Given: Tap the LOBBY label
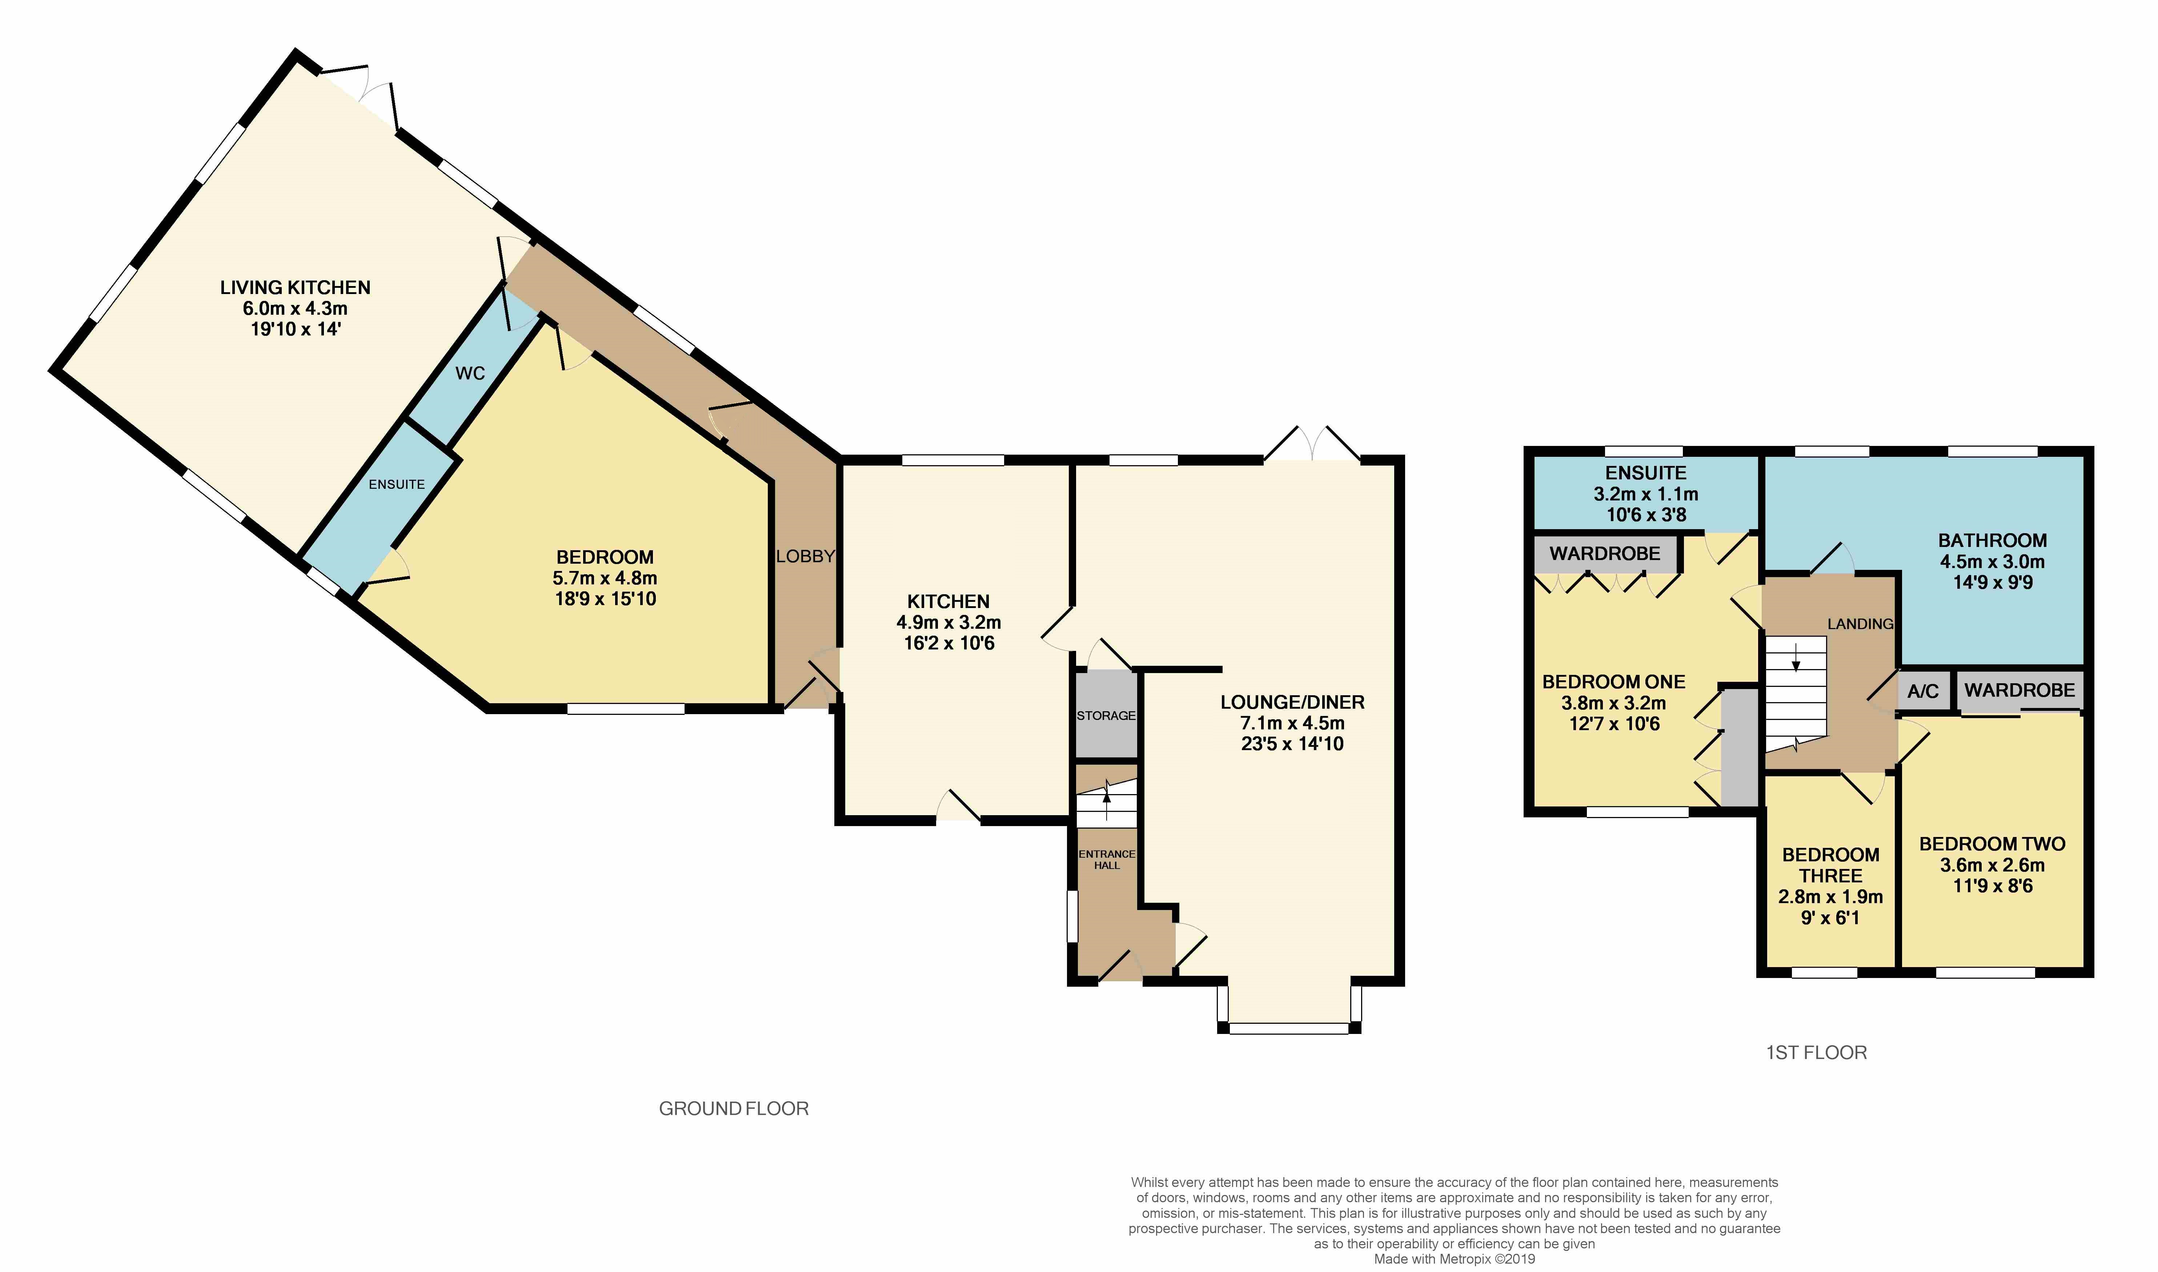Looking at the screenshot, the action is point(805,556).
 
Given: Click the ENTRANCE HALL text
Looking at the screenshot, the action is point(1107,860).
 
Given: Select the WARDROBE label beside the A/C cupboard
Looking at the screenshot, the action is point(2020,690).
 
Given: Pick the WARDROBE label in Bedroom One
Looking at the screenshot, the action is point(1605,554).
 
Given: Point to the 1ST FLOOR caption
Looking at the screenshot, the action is point(1816,1052).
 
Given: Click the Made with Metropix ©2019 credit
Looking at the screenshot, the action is point(1455,1259).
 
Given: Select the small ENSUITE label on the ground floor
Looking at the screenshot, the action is point(397,484).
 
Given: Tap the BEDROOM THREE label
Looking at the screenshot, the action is point(1830,866).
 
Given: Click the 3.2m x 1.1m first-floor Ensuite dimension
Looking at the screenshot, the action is point(1646,495).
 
